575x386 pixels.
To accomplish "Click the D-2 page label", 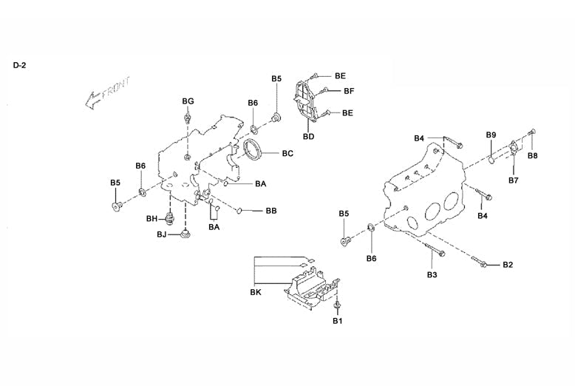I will coord(19,65).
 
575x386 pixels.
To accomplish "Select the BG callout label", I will coord(188,101).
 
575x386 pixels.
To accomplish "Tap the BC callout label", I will coord(287,154).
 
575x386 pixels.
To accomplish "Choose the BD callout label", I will coord(309,137).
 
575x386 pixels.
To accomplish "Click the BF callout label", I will coord(349,91).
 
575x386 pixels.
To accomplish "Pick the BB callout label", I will coord(271,211).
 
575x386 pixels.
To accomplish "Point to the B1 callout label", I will coord(337,321).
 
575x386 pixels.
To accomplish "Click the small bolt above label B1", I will coord(337,305).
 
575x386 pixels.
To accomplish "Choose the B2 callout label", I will coord(508,264).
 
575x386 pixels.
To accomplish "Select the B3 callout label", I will coord(432,275).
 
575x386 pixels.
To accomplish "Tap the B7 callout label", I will coord(514,180).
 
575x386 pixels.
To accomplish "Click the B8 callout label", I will coord(532,156).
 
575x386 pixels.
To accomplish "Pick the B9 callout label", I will coord(491,135).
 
